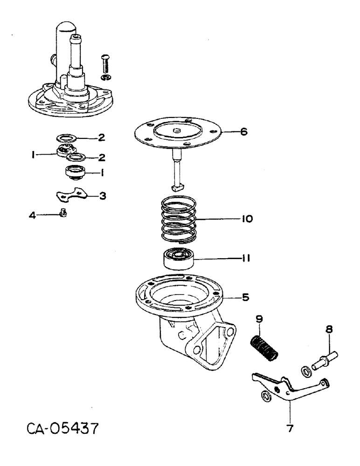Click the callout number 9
[x=260, y=319]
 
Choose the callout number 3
[x=102, y=196]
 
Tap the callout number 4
[x=32, y=215]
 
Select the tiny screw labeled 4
[x=64, y=214]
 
